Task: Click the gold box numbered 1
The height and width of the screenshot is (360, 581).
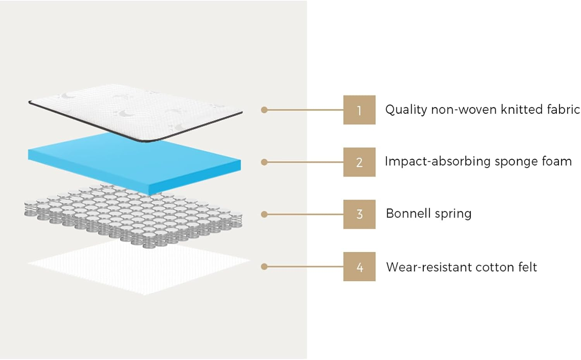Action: [359, 110]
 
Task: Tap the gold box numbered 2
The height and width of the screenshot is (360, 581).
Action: [359, 162]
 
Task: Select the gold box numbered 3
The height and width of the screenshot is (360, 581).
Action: [359, 214]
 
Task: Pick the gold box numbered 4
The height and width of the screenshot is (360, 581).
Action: [359, 267]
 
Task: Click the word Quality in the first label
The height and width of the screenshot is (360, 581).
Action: [406, 110]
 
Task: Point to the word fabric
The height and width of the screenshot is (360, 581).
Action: [563, 109]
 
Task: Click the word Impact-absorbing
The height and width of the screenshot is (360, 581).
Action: [436, 161]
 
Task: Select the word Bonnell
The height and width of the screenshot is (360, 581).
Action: [408, 214]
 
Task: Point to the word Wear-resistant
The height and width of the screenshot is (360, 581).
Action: [429, 267]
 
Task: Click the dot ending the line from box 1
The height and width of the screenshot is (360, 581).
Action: [264, 110]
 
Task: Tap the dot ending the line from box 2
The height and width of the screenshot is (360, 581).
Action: [264, 162]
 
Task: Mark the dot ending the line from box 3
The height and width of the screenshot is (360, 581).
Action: [264, 214]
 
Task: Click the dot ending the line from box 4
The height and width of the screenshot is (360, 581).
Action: [264, 267]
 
